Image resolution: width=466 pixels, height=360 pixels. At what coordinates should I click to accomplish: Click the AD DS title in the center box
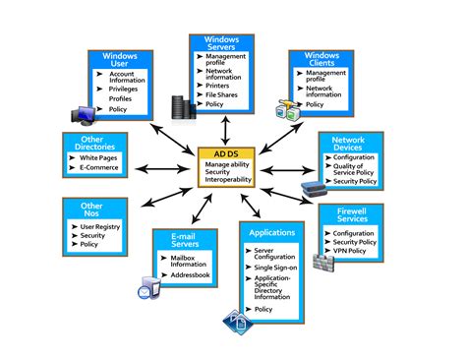227,154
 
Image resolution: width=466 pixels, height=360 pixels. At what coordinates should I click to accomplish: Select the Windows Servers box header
222,43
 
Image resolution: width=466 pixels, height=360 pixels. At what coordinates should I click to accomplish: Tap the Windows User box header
119,59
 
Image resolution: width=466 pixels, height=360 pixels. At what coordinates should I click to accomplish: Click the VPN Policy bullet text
352,252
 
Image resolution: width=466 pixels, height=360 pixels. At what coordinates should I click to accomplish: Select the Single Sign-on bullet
275,267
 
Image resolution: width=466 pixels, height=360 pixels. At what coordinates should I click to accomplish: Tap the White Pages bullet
97,158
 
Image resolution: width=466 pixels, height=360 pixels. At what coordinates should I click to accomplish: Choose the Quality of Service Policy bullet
359,170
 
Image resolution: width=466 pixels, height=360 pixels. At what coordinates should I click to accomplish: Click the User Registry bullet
99,226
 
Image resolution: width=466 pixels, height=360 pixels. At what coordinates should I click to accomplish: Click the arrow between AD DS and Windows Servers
227,129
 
